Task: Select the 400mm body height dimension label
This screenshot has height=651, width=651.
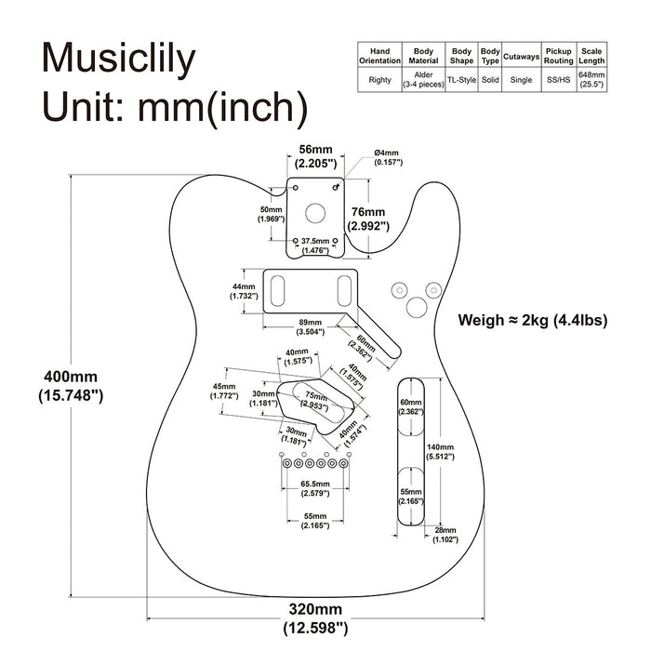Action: [70, 386]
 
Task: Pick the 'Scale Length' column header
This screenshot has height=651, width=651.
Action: [591, 55]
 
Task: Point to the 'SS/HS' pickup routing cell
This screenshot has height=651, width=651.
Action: [558, 80]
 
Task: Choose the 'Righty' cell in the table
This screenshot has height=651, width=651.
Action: [379, 80]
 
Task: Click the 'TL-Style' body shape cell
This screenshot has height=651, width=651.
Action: [461, 80]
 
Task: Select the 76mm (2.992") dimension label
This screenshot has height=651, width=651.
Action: [367, 218]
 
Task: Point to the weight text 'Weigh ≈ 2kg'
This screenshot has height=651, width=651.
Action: [532, 321]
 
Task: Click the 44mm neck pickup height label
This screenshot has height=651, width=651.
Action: [243, 291]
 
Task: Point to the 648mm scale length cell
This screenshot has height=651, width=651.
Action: [591, 80]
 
